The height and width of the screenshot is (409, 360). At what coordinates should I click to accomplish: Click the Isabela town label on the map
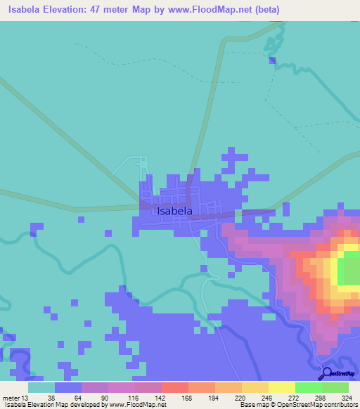point(174,209)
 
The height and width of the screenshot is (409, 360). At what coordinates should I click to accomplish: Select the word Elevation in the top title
point(79,10)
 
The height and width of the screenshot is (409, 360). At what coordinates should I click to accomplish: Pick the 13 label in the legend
point(27,397)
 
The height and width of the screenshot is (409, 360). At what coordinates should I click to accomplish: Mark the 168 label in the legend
point(187,397)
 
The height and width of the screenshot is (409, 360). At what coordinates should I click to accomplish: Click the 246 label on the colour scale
point(267,397)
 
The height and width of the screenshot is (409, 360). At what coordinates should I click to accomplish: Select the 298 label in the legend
point(321,397)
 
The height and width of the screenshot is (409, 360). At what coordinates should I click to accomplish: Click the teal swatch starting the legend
point(41,387)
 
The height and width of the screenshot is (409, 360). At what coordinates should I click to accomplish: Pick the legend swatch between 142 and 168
point(174,387)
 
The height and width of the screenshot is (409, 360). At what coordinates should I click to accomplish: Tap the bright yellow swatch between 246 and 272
point(281,387)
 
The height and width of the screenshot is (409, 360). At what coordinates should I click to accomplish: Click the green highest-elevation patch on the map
point(349,272)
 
